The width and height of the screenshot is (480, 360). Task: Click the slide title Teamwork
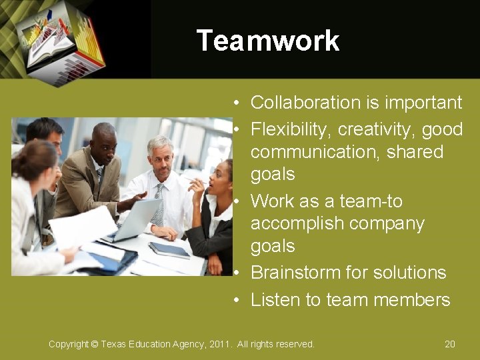point(268,41)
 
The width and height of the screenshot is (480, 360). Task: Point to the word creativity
point(375,129)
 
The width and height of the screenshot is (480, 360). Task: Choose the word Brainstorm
point(295,273)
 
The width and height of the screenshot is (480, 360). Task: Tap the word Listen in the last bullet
point(275,300)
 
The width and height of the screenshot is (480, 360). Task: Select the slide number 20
point(450,344)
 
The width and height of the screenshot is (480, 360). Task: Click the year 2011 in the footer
point(218,344)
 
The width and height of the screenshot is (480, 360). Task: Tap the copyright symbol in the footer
point(94,344)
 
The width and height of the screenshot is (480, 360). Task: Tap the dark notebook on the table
point(169,249)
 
